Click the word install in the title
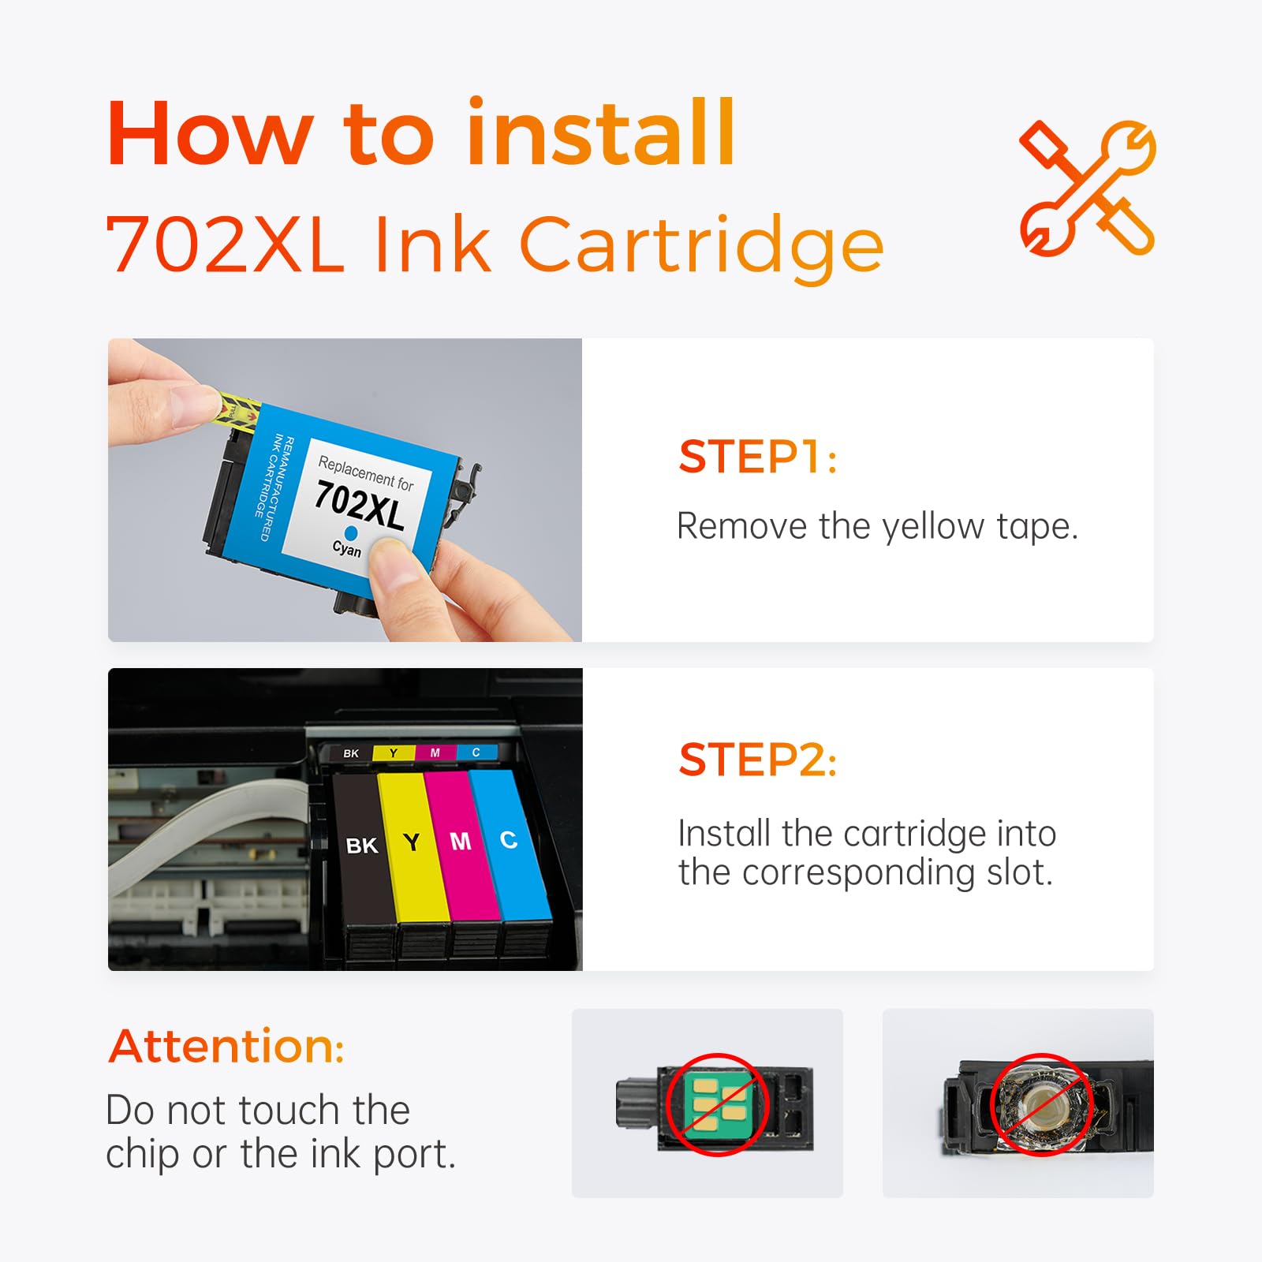tap(601, 134)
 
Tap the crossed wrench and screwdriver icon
tap(1087, 188)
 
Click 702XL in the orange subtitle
tap(225, 245)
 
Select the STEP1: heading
tap(757, 457)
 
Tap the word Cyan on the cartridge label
tap(347, 548)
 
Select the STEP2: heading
tap(757, 760)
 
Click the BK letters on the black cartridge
tap(362, 846)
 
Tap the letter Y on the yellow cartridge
tap(411, 842)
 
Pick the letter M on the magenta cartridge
tap(461, 842)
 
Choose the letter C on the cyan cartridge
tap(509, 840)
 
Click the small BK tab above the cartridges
tap(351, 753)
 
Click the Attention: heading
tap(226, 1047)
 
